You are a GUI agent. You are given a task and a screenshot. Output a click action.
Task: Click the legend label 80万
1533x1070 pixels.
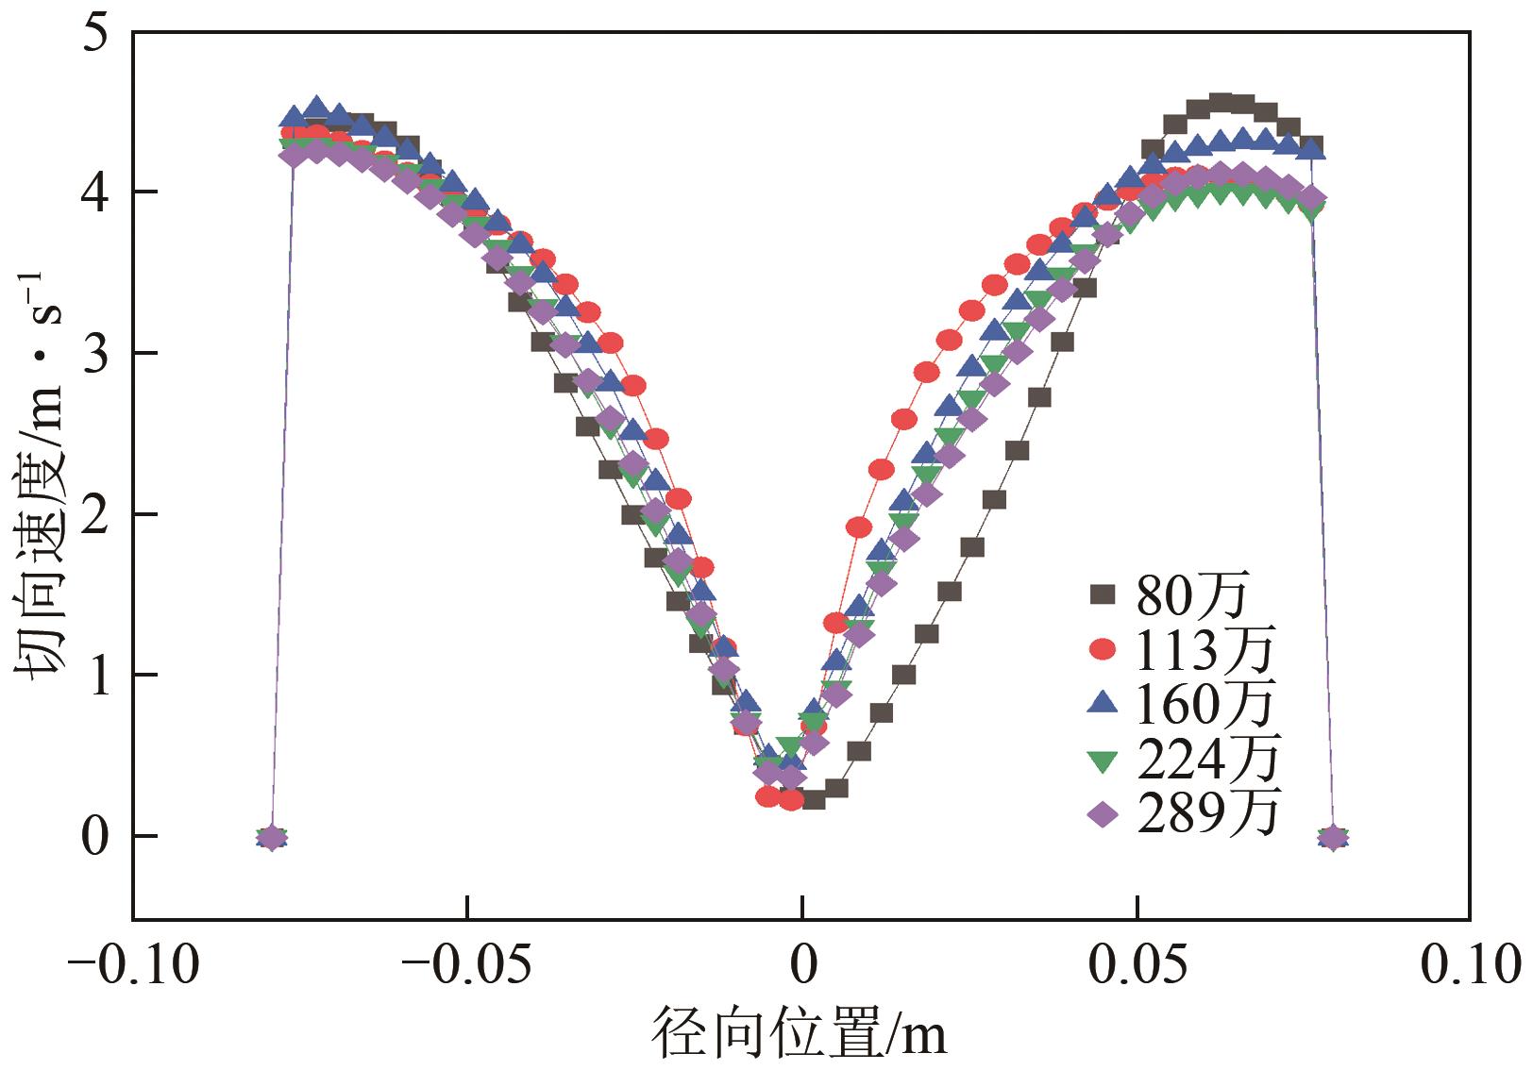(1192, 596)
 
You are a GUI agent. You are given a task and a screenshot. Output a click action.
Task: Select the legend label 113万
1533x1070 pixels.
(1205, 650)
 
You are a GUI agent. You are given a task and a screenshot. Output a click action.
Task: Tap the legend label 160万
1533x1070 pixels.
(1205, 704)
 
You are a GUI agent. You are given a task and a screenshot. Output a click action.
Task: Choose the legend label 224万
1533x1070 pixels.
(1206, 758)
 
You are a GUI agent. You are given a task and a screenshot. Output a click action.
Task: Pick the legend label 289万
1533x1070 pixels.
(1206, 812)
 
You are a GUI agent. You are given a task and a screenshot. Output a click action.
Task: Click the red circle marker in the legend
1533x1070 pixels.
(1102, 649)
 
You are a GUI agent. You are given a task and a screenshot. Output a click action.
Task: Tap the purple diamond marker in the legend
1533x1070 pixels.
(1102, 812)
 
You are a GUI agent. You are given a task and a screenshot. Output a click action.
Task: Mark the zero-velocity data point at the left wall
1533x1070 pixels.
(272, 837)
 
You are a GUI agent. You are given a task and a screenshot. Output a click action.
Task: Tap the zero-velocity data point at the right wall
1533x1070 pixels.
(1333, 837)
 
